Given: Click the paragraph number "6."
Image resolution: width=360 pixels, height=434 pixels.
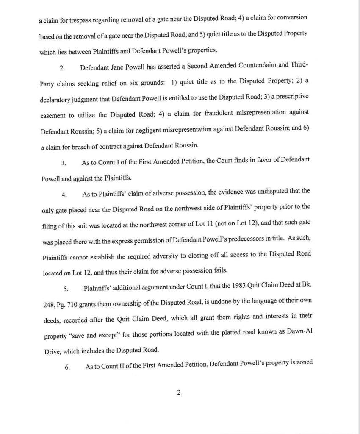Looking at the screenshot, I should coord(67,367).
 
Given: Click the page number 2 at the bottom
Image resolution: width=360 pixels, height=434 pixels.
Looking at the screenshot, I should coord(179,392).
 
